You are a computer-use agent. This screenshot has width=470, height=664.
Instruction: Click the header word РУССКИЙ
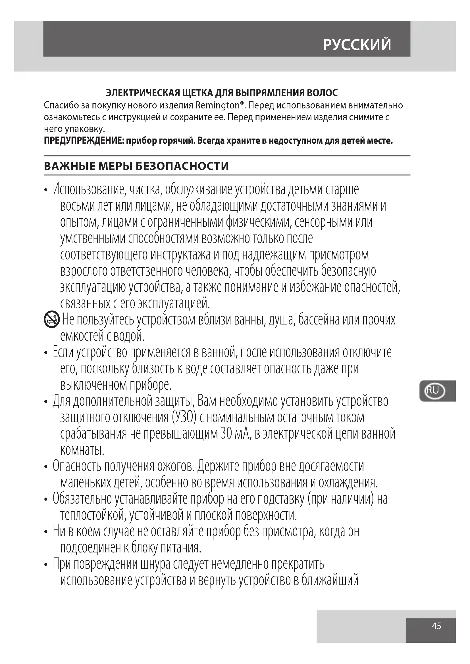coord(357,45)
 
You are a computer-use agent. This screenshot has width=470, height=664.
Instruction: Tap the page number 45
coord(436,626)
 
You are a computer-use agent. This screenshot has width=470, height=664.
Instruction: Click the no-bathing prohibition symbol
coord(51,320)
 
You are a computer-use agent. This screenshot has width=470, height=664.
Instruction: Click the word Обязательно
coord(82,498)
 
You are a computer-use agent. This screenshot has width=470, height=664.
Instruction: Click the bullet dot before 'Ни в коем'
coord(46,532)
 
